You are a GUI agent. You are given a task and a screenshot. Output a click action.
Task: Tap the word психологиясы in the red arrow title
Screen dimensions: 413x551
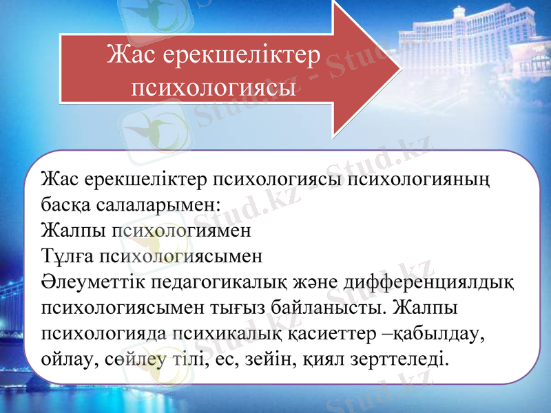214,88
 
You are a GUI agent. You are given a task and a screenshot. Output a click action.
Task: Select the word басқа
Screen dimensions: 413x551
65,204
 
